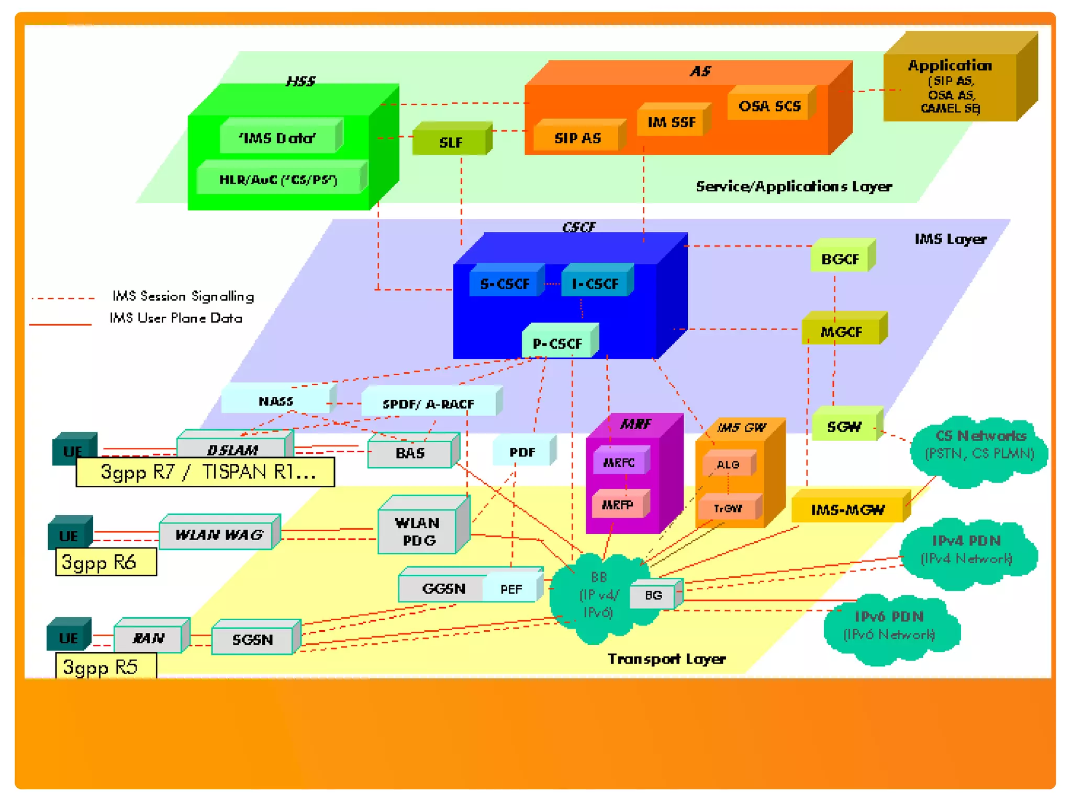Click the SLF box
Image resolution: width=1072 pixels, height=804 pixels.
pyautogui.click(x=451, y=142)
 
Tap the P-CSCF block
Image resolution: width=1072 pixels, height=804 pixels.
pyautogui.click(x=557, y=343)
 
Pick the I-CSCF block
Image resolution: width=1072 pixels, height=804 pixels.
pyautogui.click(x=595, y=284)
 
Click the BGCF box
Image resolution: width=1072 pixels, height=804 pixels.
pyautogui.click(x=840, y=259)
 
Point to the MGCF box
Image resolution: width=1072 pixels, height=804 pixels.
pyautogui.click(x=841, y=332)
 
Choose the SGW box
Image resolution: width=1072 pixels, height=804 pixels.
pyautogui.click(x=844, y=427)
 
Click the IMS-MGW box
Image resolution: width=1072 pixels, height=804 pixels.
pyautogui.click(x=847, y=509)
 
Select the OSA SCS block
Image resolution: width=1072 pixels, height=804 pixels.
pyautogui.click(x=769, y=106)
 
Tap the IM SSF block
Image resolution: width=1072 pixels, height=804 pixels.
pyautogui.click(x=672, y=122)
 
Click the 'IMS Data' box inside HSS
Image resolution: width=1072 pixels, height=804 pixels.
pyautogui.click(x=277, y=138)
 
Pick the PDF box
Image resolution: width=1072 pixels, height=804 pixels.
pyautogui.click(x=522, y=452)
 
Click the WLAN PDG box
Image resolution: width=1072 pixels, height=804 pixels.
pyautogui.click(x=418, y=531)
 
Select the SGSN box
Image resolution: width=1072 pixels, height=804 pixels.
pyautogui.click(x=253, y=639)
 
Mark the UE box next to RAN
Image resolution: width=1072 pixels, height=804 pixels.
pyautogui.click(x=68, y=638)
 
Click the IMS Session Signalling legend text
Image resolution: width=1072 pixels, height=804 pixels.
pyautogui.click(x=183, y=296)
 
